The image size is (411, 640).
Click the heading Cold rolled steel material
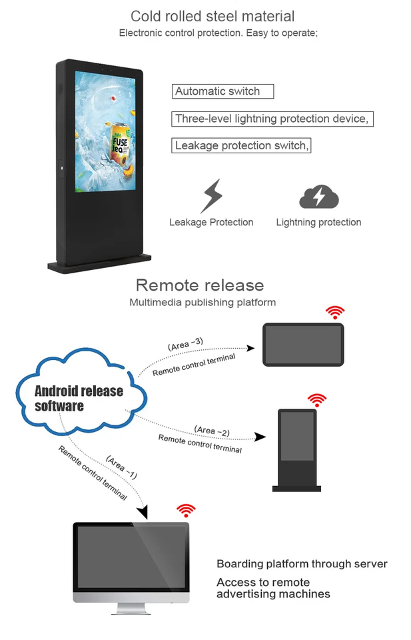[212, 16]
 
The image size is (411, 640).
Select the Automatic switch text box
[222, 91]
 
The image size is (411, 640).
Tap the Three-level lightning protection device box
[272, 119]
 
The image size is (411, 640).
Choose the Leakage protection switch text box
[242, 145]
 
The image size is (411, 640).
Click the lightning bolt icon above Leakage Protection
[212, 195]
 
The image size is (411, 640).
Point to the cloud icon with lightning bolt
[319, 197]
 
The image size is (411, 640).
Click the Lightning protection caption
[318, 222]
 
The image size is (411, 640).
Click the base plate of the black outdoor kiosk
[99, 265]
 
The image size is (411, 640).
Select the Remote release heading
[200, 285]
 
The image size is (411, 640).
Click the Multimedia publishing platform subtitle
[203, 303]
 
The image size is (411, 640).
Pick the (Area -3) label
[186, 344]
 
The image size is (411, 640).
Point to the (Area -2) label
[212, 431]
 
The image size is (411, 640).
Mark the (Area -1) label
[121, 467]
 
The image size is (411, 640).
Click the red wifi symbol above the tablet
[334, 312]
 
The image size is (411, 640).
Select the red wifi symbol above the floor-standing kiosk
[317, 399]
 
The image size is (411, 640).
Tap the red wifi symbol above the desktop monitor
[186, 511]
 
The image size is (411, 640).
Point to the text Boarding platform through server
[302, 564]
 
